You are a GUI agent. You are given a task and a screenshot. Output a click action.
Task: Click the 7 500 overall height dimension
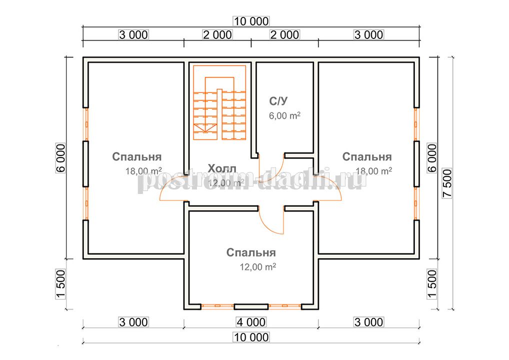[x=447, y=183]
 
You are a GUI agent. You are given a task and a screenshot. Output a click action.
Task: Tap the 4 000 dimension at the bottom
[x=251, y=322]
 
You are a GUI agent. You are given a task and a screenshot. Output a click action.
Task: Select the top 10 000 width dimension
[x=251, y=21]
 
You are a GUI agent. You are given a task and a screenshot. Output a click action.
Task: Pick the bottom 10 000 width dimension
[x=251, y=337]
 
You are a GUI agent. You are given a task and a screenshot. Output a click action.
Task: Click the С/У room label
[x=278, y=101]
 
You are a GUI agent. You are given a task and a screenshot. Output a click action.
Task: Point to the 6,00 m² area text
[x=284, y=115]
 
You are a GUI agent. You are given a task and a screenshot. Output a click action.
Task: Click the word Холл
[x=222, y=168]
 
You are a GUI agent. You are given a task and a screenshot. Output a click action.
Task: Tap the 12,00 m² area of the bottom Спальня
[x=257, y=267]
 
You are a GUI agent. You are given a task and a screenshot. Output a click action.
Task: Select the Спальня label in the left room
[x=136, y=157]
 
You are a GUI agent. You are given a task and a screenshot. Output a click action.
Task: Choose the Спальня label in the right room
[x=367, y=157]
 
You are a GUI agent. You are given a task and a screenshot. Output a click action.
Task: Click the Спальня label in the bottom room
[x=251, y=252]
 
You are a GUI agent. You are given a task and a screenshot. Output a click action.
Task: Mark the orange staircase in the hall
[x=219, y=102]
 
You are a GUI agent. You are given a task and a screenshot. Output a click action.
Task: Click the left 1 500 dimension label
[x=61, y=284]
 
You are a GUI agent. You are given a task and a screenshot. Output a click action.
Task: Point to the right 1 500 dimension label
[x=432, y=284]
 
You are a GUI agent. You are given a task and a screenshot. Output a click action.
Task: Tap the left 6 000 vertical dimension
[x=61, y=158]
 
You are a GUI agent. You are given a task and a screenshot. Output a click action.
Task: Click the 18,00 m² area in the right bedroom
[x=373, y=170]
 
